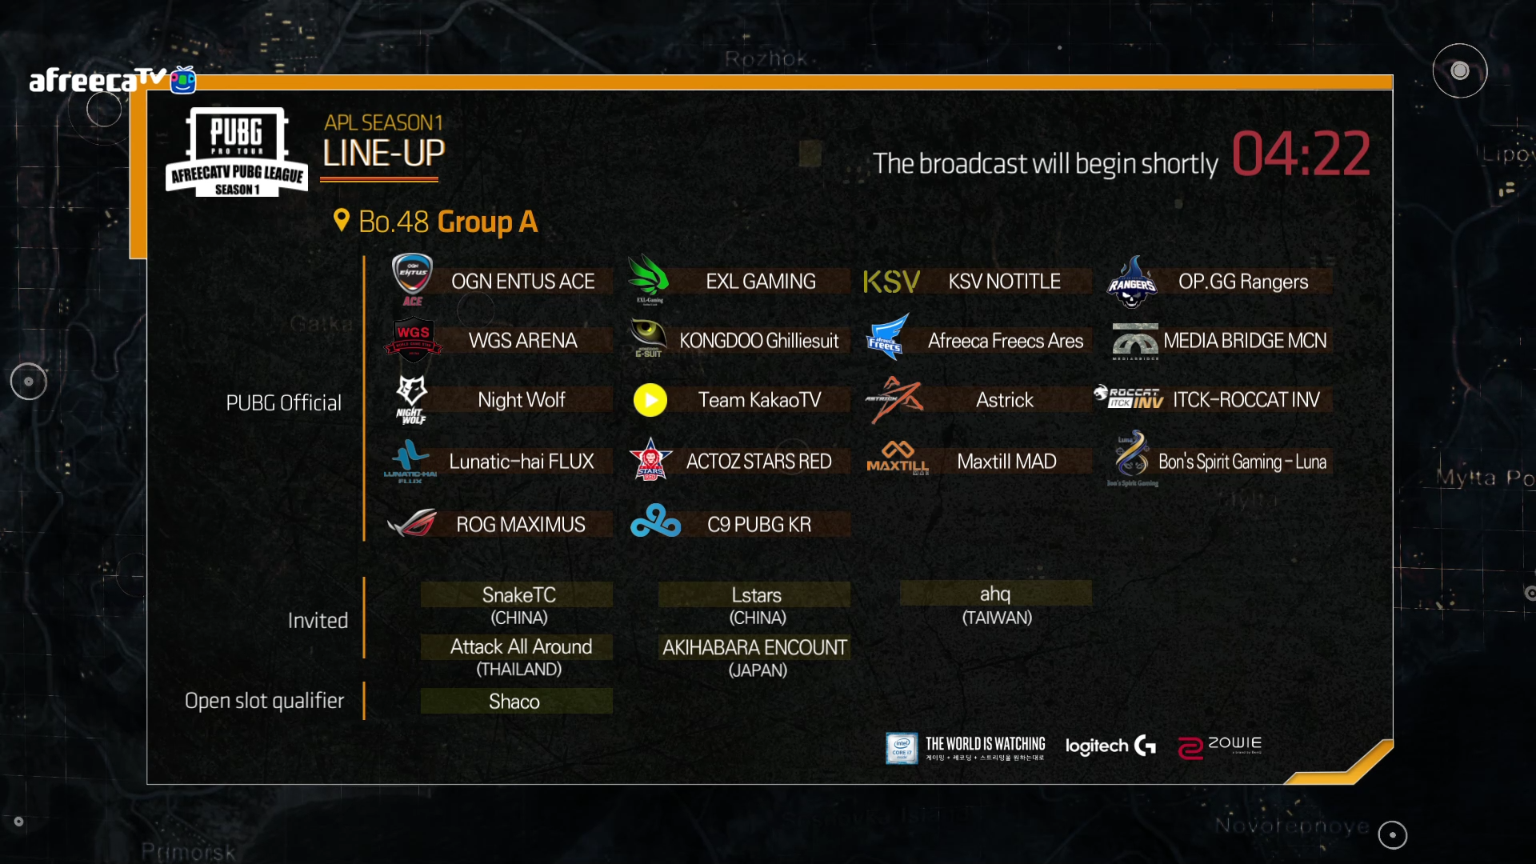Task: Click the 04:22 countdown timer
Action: (x=1300, y=154)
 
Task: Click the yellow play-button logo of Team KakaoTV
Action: (x=650, y=400)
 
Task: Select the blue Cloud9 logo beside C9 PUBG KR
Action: (x=655, y=522)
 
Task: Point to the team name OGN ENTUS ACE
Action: (x=522, y=282)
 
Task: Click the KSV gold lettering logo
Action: (x=891, y=282)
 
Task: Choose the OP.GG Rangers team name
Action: (x=1242, y=282)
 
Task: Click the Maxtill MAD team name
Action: (x=1006, y=462)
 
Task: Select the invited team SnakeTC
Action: (x=518, y=595)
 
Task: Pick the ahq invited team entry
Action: (x=995, y=594)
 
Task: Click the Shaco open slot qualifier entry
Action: (x=514, y=702)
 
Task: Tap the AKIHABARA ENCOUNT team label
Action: (x=754, y=647)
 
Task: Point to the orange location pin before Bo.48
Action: (x=342, y=220)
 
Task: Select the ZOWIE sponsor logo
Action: (x=1219, y=746)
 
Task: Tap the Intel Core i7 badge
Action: (x=901, y=747)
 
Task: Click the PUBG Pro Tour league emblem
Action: (x=237, y=152)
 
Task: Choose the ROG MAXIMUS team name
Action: (x=520, y=525)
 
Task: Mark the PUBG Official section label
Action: (x=283, y=403)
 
